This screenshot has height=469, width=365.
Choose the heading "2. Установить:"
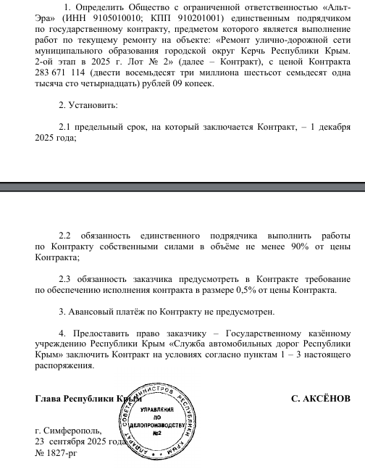point(88,105)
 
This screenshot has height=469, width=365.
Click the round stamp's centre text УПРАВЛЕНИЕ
point(157,411)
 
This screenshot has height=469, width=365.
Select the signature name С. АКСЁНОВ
point(320,399)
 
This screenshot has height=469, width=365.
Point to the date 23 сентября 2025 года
point(81,441)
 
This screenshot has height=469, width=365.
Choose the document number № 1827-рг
point(55,453)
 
